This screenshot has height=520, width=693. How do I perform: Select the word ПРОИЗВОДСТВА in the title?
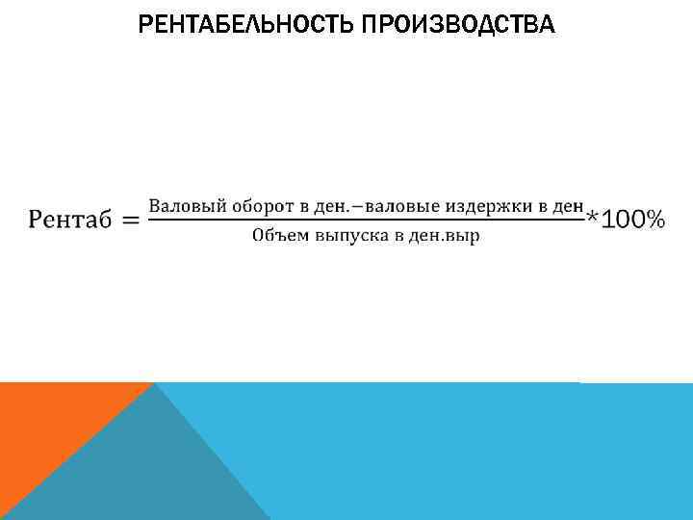pos(458,23)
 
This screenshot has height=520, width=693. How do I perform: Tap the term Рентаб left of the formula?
pos(70,221)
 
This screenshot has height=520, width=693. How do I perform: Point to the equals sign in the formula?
pos(130,221)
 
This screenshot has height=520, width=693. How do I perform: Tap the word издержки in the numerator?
pos(467,205)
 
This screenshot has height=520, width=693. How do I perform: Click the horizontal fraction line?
pos(366,221)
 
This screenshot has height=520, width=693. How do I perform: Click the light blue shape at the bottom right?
pos(462,453)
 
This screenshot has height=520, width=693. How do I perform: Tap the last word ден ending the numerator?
pos(568,205)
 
